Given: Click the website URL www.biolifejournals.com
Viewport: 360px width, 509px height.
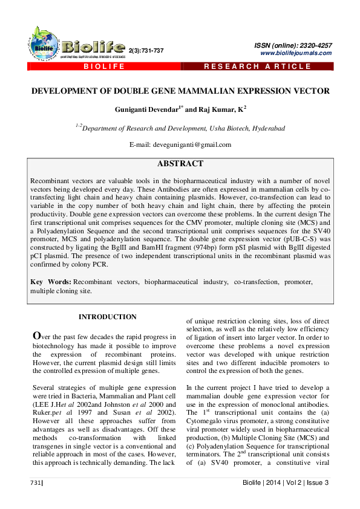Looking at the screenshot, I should pyautogui.click(x=296, y=53).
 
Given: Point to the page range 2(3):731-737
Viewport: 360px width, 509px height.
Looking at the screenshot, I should pyautogui.click(x=146, y=50).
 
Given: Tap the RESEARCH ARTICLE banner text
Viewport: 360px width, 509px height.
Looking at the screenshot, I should pyautogui.click(x=257, y=66).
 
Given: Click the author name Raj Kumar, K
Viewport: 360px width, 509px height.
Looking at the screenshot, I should pyautogui.click(x=214, y=110).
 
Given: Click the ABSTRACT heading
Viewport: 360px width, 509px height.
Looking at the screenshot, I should pyautogui.click(x=180, y=164).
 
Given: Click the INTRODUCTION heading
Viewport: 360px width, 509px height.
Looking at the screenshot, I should pyautogui.click(x=107, y=317).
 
